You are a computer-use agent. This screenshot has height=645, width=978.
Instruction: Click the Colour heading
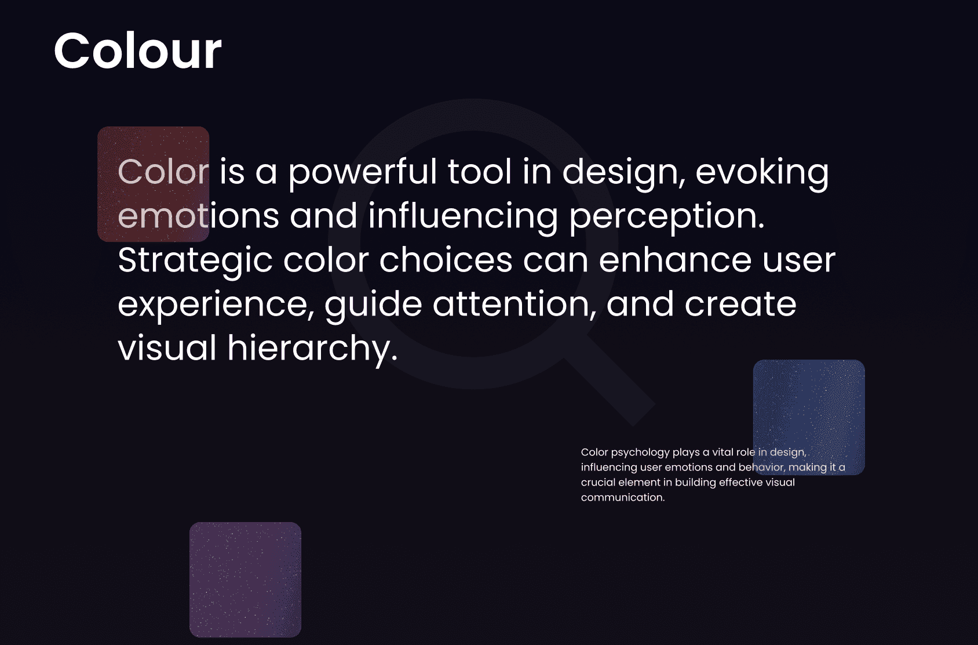coord(137,50)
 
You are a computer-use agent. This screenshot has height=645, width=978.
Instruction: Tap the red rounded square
coord(154,184)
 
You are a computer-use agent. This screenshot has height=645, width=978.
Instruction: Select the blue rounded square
coord(809,417)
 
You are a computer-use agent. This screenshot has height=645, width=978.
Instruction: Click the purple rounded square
coord(246,579)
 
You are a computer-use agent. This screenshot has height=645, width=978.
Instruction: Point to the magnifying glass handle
coord(610,381)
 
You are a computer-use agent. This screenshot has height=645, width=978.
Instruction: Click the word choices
coord(446,260)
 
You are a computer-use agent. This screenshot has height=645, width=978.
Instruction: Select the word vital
coord(722,452)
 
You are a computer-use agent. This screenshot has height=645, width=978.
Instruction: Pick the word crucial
coord(598,483)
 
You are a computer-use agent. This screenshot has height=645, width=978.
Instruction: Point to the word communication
coord(623,497)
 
